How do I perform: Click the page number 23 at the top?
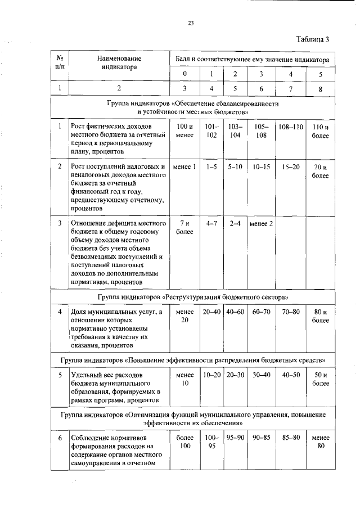pyautogui.click(x=190, y=23)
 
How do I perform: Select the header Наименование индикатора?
pyautogui.click(x=119, y=62)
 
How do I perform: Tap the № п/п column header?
pyautogui.click(x=60, y=62)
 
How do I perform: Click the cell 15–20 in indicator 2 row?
pyautogui.click(x=290, y=167)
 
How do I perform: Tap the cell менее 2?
pyautogui.click(x=261, y=224)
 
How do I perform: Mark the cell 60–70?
pyautogui.click(x=261, y=312)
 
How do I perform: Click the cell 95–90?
pyautogui.click(x=235, y=438)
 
